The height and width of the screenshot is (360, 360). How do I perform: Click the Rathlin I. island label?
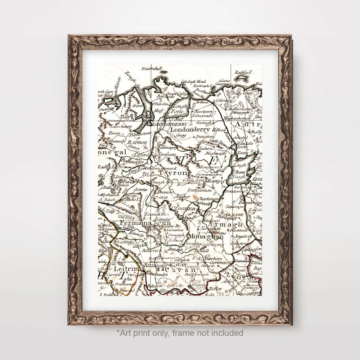(x=244, y=72)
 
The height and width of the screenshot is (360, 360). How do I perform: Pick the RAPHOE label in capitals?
(x=138, y=142)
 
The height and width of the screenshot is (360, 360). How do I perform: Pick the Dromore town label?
(x=165, y=192)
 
